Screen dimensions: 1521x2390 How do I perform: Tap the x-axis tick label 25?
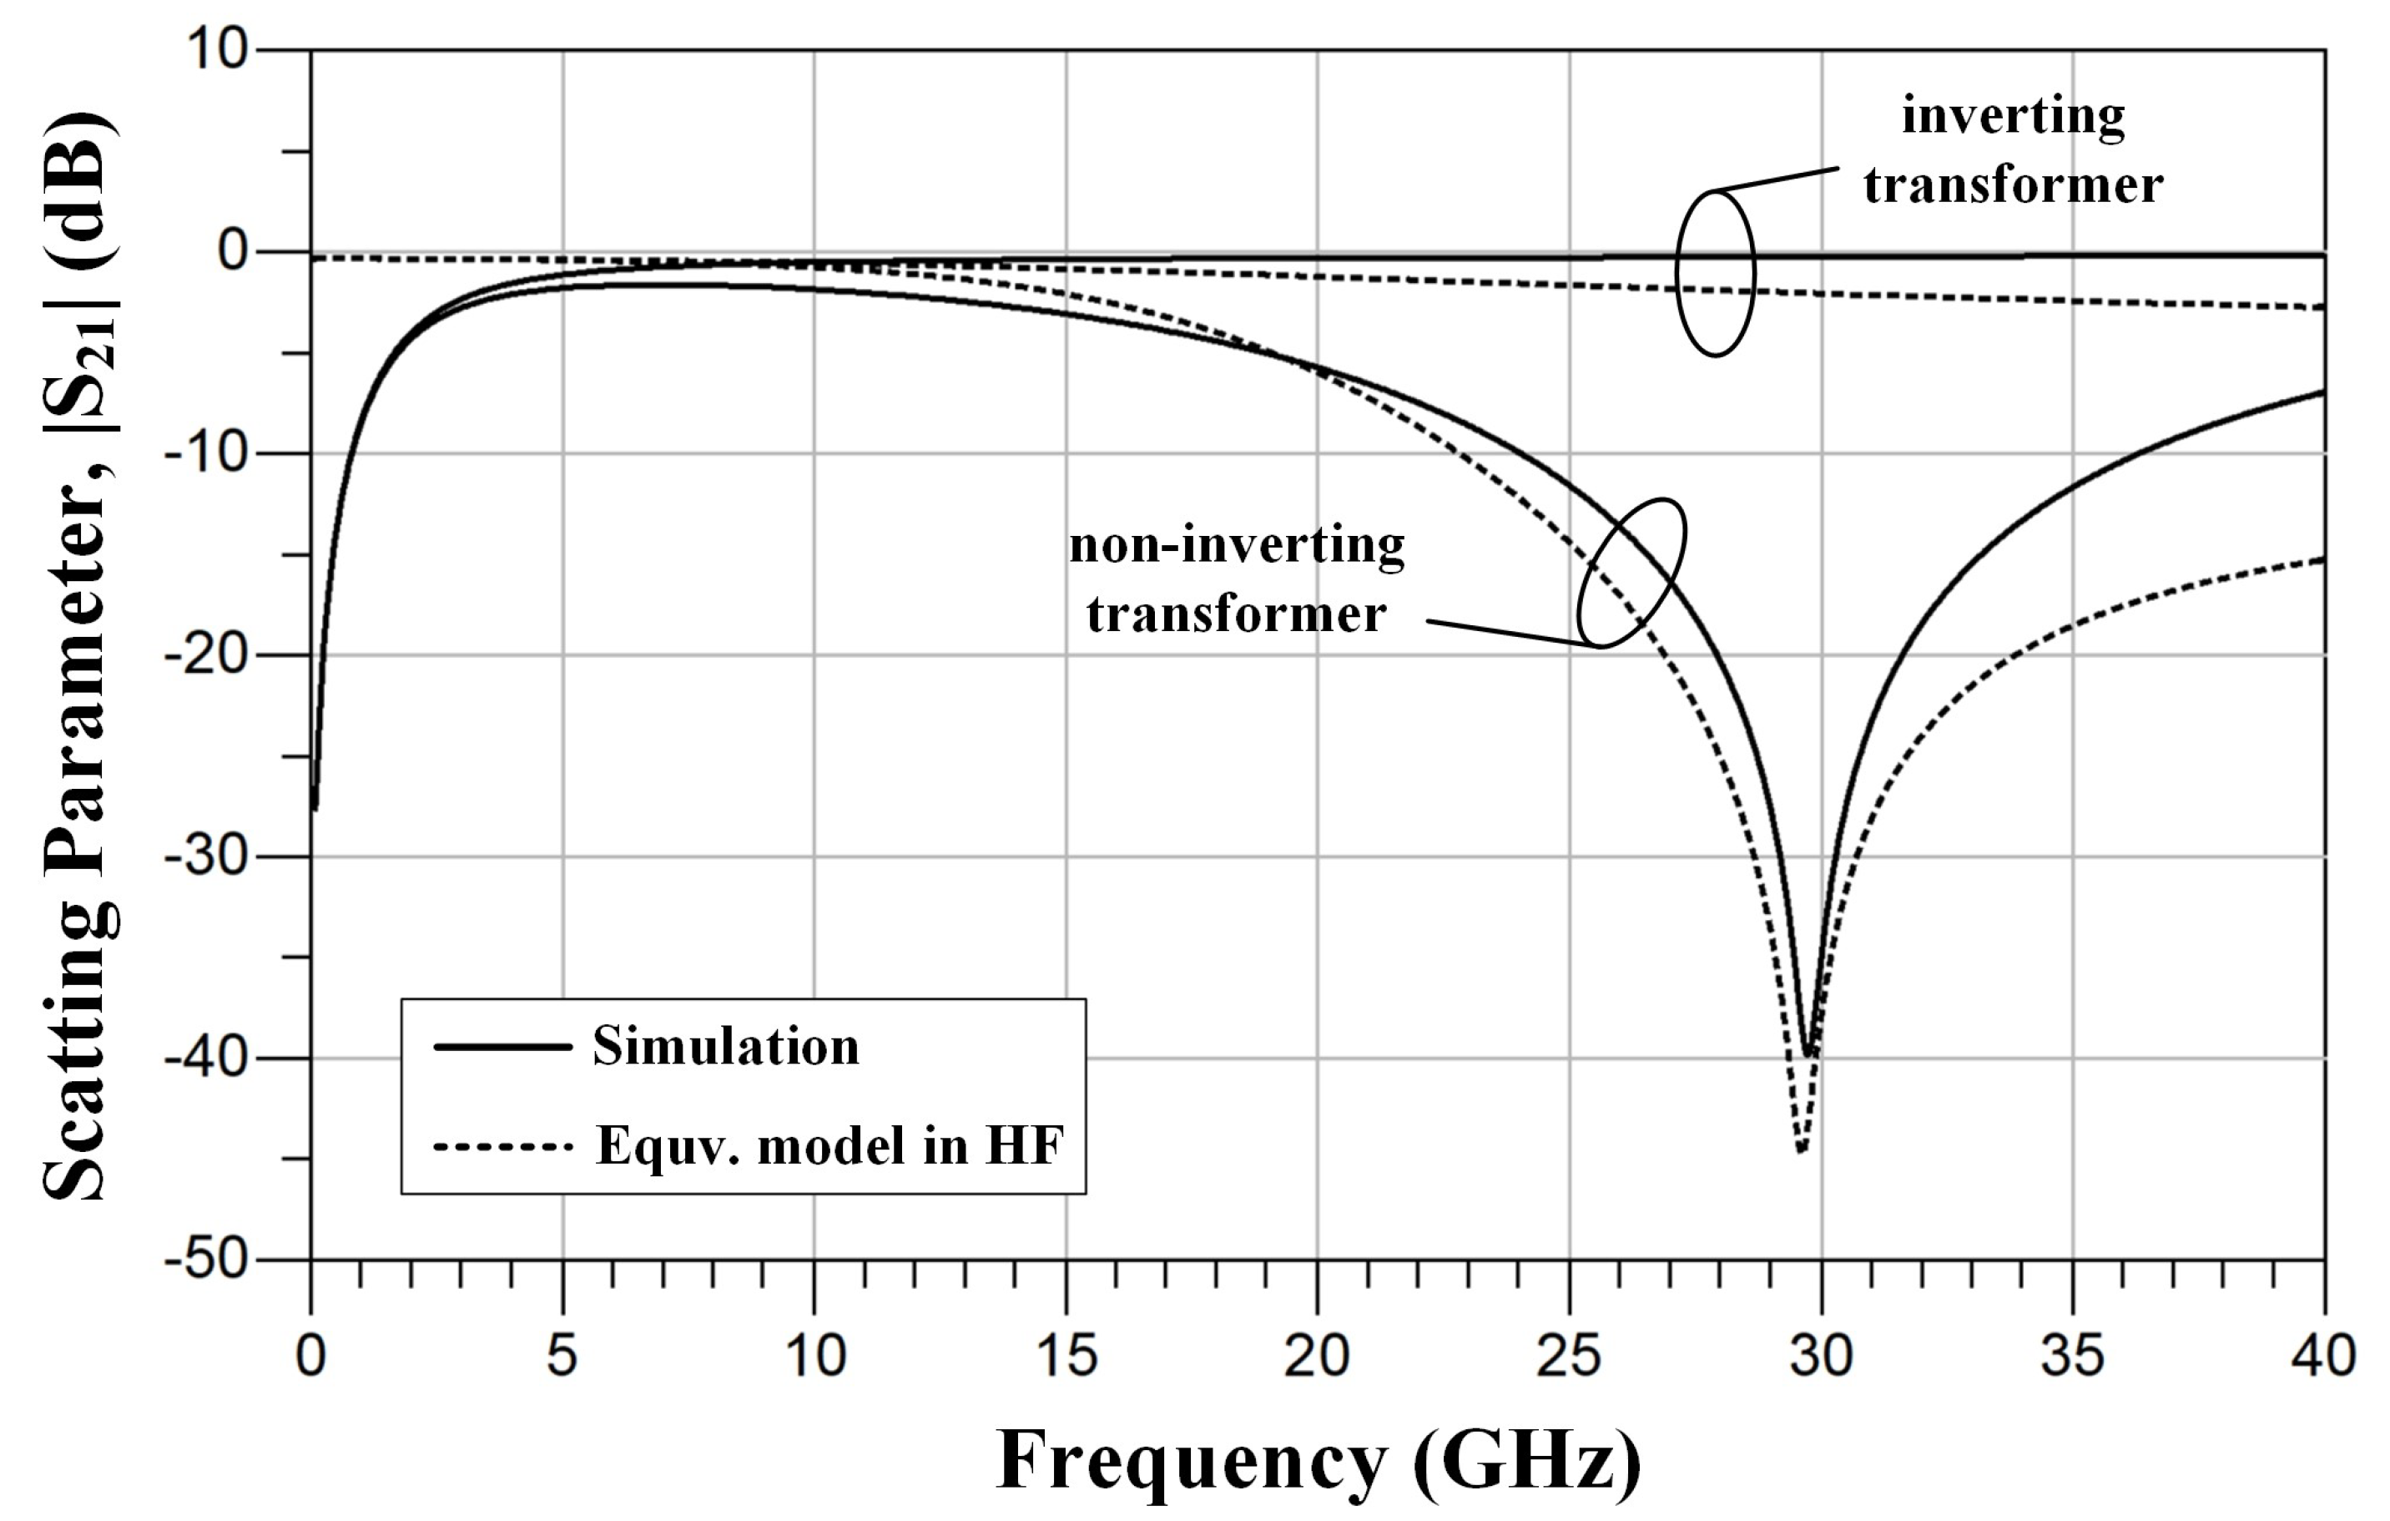(x=1568, y=1357)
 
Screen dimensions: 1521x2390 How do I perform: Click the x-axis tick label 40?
(x=2323, y=1357)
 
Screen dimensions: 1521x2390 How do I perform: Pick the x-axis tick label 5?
(x=562, y=1357)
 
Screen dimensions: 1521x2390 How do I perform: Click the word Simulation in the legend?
(x=725, y=1047)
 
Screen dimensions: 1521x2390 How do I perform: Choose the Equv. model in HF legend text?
(x=829, y=1145)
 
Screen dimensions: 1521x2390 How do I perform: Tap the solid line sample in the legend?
(x=503, y=1047)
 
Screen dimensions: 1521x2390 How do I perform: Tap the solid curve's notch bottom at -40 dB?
(x=1808, y=1054)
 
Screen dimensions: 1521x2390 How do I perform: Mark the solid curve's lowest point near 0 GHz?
(x=315, y=809)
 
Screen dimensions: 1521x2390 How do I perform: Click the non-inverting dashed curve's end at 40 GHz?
(x=2323, y=559)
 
